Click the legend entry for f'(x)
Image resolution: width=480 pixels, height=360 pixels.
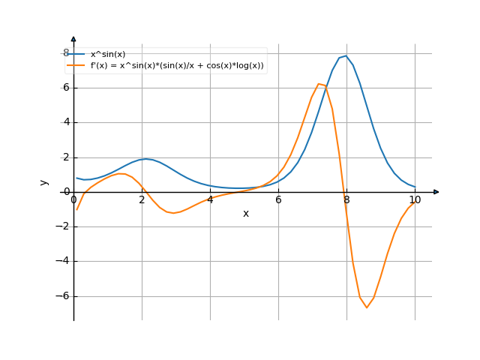pyautogui.click(x=177, y=66)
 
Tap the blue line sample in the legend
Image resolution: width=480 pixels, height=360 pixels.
pyautogui.click(x=76, y=55)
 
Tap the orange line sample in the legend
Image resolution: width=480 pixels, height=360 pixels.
pyautogui.click(x=76, y=66)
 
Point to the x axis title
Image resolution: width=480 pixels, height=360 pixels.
pyautogui.click(x=245, y=214)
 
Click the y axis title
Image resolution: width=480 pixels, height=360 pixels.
pyautogui.click(x=44, y=182)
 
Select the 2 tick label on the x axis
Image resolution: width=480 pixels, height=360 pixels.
pyautogui.click(x=142, y=200)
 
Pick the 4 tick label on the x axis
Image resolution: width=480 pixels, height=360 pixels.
pyautogui.click(x=210, y=200)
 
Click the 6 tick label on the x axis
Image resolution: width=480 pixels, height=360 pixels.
pyautogui.click(x=278, y=200)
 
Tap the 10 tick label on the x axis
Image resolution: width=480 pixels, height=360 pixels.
pyautogui.click(x=415, y=200)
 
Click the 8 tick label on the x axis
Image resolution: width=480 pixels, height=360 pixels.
pyautogui.click(x=346, y=200)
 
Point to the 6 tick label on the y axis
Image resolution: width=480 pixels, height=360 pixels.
pyautogui.click(x=66, y=88)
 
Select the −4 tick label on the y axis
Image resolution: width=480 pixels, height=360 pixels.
pyautogui.click(x=64, y=261)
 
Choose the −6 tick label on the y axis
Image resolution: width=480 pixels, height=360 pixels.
pyautogui.click(x=64, y=296)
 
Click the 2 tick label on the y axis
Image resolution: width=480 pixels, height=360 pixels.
pyautogui.click(x=66, y=157)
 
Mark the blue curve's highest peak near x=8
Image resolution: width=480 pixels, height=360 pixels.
pyautogui.click(x=345, y=55)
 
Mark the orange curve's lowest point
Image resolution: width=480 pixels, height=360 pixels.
pyautogui.click(x=367, y=307)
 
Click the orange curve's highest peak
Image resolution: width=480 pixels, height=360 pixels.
pyautogui.click(x=319, y=84)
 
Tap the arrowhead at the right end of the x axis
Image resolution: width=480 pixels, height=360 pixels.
pyautogui.click(x=436, y=192)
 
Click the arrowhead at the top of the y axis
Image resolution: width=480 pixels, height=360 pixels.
pyautogui.click(x=73, y=38)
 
